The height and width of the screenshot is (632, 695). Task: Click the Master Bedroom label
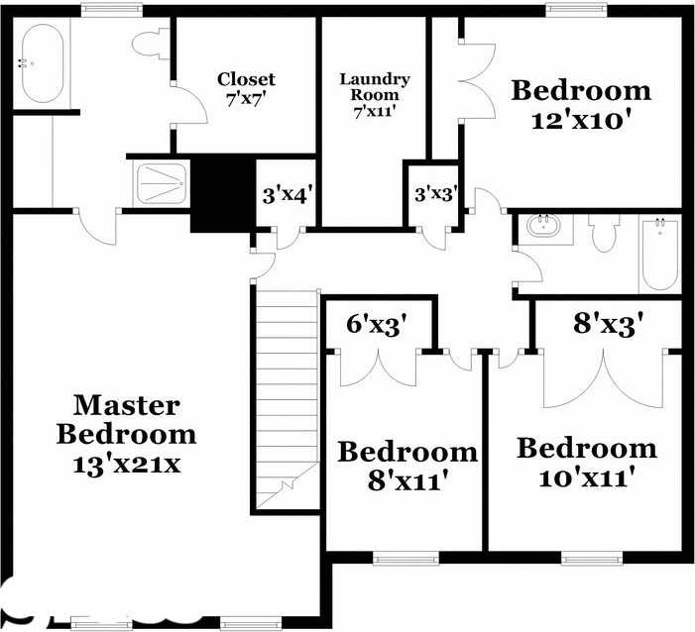(x=126, y=433)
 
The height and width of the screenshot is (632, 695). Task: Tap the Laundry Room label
(x=374, y=95)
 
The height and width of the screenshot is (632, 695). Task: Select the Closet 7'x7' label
(x=246, y=88)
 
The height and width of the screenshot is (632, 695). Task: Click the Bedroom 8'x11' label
(x=407, y=467)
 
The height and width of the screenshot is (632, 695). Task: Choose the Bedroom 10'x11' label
(x=586, y=462)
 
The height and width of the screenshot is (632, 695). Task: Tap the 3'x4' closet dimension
(x=288, y=194)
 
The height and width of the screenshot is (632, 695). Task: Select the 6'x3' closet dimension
(x=377, y=325)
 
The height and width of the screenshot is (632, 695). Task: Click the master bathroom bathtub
(x=41, y=63)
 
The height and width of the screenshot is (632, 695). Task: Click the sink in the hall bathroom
(x=542, y=226)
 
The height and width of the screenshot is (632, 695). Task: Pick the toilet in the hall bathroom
(x=603, y=235)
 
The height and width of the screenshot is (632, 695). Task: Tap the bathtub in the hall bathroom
(x=658, y=254)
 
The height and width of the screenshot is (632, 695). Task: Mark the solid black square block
(x=222, y=195)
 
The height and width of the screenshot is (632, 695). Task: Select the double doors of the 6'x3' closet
(x=380, y=369)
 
